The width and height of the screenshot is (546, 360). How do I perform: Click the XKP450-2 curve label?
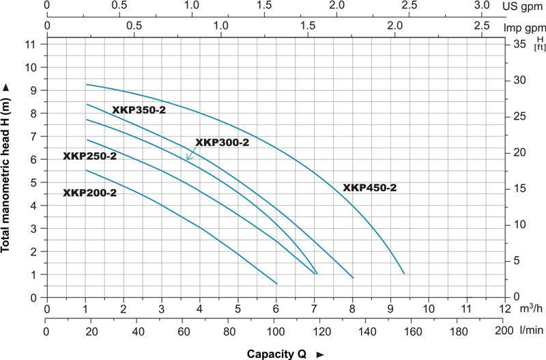coord(369,188)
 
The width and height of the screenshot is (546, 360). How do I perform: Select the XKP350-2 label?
coord(139,110)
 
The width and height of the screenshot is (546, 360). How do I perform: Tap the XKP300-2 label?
coord(222,143)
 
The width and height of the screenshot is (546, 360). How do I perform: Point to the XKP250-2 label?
coord(89,156)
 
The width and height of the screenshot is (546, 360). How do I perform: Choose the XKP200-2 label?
coord(89,193)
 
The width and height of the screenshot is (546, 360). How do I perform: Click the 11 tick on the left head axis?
coord(29,44)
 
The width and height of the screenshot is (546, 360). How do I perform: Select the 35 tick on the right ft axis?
coord(519,44)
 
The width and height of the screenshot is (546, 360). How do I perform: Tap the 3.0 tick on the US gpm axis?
coord(482,5)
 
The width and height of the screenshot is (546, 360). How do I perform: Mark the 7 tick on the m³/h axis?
coord(314,309)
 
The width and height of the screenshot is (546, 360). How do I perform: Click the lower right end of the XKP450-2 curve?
coord(404,273)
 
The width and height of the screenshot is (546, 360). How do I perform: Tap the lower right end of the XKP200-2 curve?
coord(277,283)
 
